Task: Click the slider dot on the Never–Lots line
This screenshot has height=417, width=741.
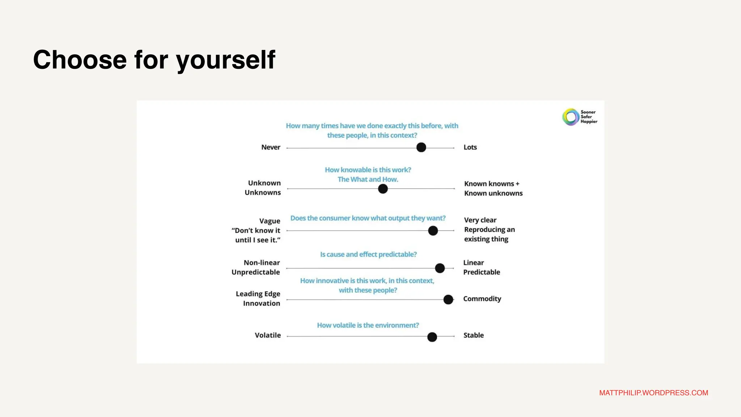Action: click(x=421, y=147)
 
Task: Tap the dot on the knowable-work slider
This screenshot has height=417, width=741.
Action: click(x=383, y=189)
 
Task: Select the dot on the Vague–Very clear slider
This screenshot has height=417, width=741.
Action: click(x=433, y=231)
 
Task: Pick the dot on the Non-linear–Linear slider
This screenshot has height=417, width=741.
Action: click(x=440, y=268)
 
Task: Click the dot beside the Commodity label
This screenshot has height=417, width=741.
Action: click(x=448, y=299)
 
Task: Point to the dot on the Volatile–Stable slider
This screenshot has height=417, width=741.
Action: click(x=432, y=337)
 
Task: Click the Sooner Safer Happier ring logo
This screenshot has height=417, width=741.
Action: click(x=571, y=117)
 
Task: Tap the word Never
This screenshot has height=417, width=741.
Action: click(x=271, y=147)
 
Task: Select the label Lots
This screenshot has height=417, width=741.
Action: click(x=470, y=147)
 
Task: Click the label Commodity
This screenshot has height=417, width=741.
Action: click(x=482, y=299)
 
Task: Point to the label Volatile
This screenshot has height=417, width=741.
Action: click(x=267, y=335)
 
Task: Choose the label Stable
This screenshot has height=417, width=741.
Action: click(x=473, y=335)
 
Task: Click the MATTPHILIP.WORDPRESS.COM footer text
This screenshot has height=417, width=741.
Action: click(x=653, y=393)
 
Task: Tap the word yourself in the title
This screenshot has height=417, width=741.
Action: click(x=226, y=60)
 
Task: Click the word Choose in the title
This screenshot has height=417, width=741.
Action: click(x=80, y=60)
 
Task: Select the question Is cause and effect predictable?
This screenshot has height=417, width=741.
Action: click(x=368, y=254)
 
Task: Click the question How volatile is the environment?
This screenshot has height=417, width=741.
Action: click(x=368, y=325)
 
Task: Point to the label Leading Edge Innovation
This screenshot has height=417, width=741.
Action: click(x=258, y=299)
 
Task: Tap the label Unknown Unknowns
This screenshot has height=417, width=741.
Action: click(x=263, y=188)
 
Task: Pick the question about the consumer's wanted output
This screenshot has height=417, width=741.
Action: click(x=368, y=218)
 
